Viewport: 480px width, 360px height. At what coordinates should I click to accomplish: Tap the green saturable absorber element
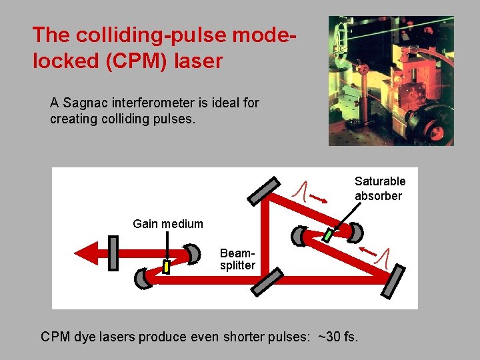pyautogui.click(x=328, y=235)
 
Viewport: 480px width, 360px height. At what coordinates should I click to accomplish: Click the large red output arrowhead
pyautogui.click(x=85, y=253)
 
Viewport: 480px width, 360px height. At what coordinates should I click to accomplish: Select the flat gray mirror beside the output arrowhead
pyautogui.click(x=113, y=253)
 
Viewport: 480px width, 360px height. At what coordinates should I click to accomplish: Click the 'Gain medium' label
pyautogui.click(x=168, y=224)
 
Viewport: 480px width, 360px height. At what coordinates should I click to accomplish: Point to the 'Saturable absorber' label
pyautogui.click(x=379, y=189)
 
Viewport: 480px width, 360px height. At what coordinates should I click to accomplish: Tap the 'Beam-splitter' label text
pyautogui.click(x=237, y=259)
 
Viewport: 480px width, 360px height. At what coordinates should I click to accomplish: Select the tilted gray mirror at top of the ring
pyautogui.click(x=264, y=190)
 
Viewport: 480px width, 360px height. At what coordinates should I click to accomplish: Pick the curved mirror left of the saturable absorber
pyautogui.click(x=299, y=235)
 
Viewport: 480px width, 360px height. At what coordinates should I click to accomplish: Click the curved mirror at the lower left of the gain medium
pyautogui.click(x=143, y=279)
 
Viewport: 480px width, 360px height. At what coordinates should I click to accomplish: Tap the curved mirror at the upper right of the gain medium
pyautogui.click(x=193, y=253)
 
